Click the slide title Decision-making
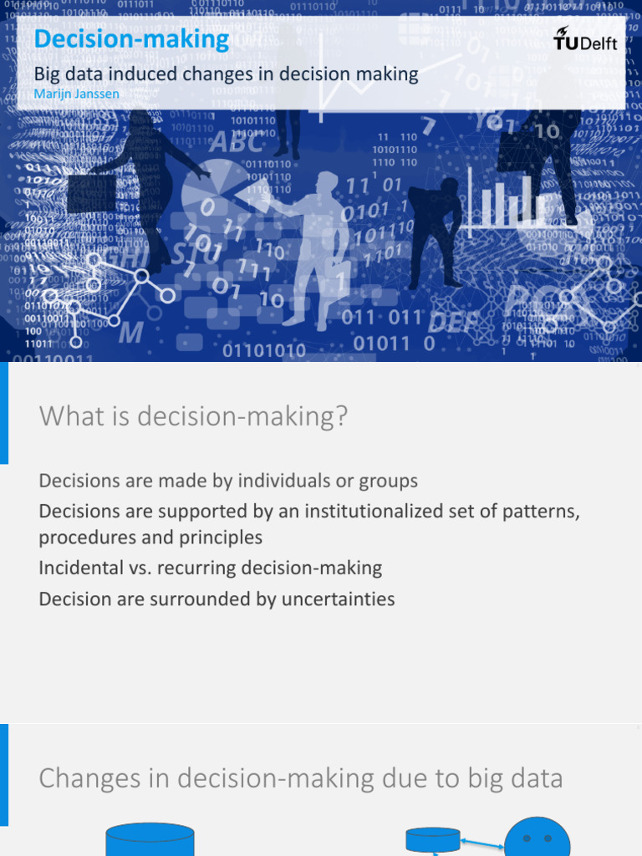[x=131, y=39]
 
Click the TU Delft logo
[x=585, y=38]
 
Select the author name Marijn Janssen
[x=76, y=94]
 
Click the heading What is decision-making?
[x=192, y=416]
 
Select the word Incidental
[x=81, y=568]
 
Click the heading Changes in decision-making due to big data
[x=300, y=778]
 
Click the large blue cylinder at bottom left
[x=150, y=839]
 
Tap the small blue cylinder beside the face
[x=432, y=838]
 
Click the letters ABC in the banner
[x=237, y=143]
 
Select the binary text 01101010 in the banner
[x=264, y=349]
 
